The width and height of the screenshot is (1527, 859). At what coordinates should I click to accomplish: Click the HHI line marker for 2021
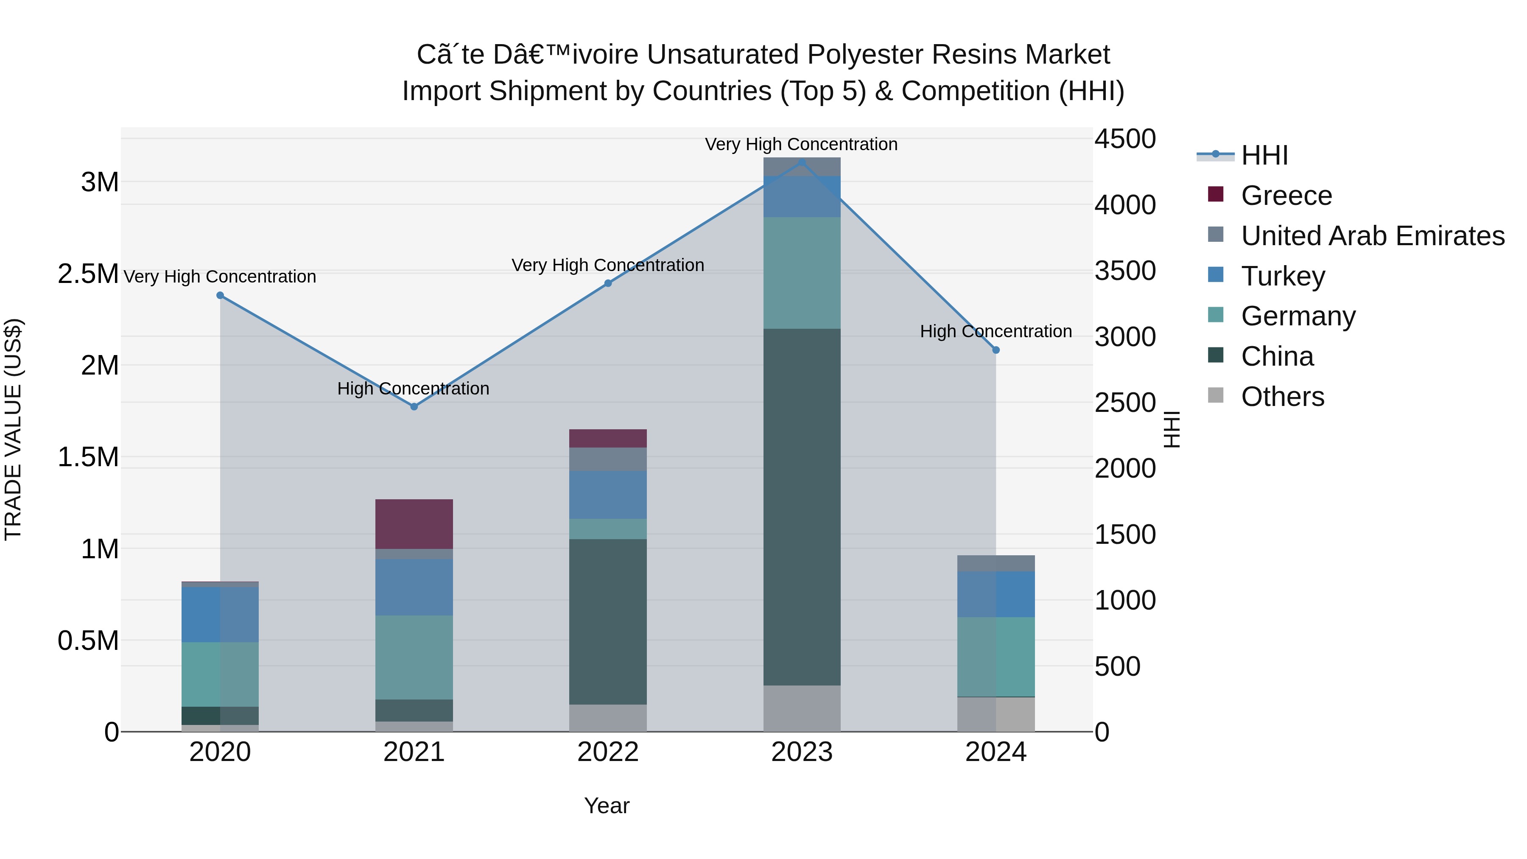pyautogui.click(x=414, y=407)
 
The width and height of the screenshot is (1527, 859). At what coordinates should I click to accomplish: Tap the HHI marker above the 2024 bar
pyautogui.click(x=996, y=350)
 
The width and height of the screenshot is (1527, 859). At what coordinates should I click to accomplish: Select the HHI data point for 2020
pyautogui.click(x=220, y=295)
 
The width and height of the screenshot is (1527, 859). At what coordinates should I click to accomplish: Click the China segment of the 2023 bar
pyautogui.click(x=801, y=507)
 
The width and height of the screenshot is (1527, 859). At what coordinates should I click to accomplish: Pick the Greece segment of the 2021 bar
pyautogui.click(x=414, y=524)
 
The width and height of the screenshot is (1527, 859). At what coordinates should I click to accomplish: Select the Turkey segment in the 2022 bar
pyautogui.click(x=607, y=495)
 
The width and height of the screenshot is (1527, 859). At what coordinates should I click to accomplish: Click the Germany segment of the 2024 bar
pyautogui.click(x=996, y=657)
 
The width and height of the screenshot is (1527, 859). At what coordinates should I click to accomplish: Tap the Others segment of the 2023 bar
pyautogui.click(x=801, y=708)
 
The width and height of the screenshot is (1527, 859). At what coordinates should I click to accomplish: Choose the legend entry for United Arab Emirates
pyautogui.click(x=1372, y=236)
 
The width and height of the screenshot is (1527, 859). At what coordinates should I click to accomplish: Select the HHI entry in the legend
pyautogui.click(x=1264, y=155)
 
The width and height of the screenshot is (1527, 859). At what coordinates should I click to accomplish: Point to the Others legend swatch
pyautogui.click(x=1215, y=395)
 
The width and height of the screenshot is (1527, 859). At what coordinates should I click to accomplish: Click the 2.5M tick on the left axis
pyautogui.click(x=88, y=274)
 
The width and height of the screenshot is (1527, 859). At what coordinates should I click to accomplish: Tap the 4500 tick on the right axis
pyautogui.click(x=1124, y=139)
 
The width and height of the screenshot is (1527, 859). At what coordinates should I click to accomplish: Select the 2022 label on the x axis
pyautogui.click(x=607, y=752)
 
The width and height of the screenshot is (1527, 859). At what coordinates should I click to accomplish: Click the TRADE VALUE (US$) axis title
pyautogui.click(x=13, y=430)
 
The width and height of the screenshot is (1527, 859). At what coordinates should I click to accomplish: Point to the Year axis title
pyautogui.click(x=607, y=806)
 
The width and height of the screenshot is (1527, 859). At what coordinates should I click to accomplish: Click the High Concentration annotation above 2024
pyautogui.click(x=996, y=331)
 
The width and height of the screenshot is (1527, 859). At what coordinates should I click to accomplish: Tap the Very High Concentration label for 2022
pyautogui.click(x=607, y=265)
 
